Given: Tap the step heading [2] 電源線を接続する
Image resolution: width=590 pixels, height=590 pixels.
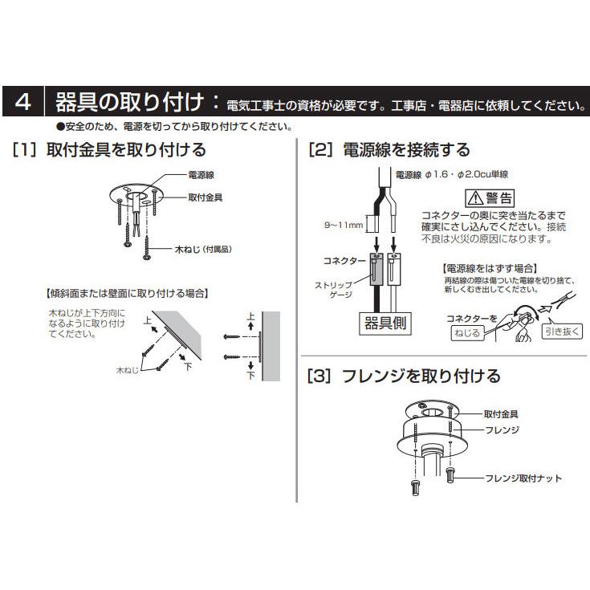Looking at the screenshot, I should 389,149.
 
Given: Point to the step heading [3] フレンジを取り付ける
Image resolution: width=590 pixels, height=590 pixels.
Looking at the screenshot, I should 404,376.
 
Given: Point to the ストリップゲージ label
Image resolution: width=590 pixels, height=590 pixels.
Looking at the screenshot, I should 331,288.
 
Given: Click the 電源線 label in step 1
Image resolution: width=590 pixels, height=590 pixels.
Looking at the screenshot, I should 200,173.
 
